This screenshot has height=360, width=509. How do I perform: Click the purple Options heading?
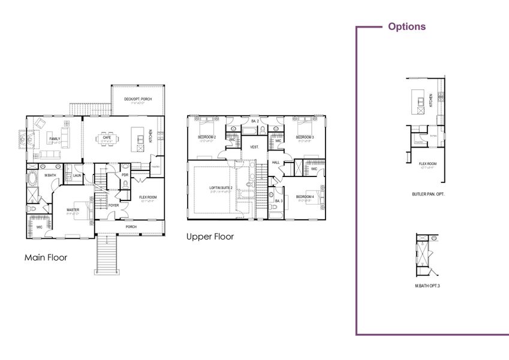point(406,26)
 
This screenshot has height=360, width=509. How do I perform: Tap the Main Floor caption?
point(46,257)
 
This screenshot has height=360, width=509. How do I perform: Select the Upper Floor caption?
point(210,236)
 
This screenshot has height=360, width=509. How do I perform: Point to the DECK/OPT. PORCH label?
point(138,99)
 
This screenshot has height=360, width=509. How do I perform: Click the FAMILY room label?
point(55,139)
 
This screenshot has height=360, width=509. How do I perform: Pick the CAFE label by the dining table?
point(107,137)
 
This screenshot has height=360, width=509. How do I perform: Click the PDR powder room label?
point(125,175)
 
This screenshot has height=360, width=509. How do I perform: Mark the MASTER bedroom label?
point(73,209)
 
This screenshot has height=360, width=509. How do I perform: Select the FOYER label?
point(114,205)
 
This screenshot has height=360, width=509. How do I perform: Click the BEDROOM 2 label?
point(207,137)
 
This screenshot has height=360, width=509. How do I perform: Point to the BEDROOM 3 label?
point(305,137)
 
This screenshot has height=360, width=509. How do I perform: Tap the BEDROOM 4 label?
point(305,196)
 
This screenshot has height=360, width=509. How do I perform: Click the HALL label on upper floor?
point(276,162)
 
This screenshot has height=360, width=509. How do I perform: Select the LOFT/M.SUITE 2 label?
point(221,188)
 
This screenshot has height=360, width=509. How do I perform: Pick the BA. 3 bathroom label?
point(279,200)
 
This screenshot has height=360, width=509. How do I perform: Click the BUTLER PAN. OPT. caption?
point(428,194)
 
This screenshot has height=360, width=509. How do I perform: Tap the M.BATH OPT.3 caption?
point(427,286)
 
